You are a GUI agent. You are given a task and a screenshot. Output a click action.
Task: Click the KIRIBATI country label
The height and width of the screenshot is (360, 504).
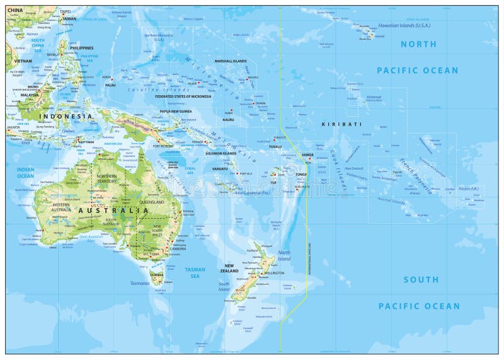341,125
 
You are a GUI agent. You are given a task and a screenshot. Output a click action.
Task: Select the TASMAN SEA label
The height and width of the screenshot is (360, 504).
195,272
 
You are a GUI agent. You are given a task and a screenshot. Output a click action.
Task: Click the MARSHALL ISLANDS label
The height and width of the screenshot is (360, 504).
231,61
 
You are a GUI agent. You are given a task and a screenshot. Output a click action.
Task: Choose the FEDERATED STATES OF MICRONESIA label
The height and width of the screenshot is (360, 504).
183,96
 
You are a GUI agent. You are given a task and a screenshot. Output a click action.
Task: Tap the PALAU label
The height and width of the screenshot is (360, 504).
110,84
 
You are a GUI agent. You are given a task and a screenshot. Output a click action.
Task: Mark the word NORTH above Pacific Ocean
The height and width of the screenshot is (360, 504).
418,44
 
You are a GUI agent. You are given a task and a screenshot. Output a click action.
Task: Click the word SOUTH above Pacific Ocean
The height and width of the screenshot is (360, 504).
421,279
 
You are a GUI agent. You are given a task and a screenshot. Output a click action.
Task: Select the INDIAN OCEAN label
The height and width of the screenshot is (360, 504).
25,172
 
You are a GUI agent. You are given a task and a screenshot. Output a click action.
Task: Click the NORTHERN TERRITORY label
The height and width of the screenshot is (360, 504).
107,178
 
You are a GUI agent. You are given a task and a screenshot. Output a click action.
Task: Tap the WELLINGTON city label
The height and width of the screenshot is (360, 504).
274,273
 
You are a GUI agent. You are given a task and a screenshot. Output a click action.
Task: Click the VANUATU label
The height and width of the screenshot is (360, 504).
220,169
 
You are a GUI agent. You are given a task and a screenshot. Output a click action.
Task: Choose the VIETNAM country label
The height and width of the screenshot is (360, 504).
22,61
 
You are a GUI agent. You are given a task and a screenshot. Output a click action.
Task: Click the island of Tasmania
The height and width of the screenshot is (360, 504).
156,275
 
